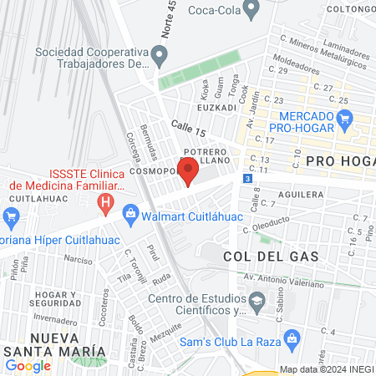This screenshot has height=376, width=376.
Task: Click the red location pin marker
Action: (x=188, y=171)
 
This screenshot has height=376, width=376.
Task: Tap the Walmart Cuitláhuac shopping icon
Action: (x=131, y=216)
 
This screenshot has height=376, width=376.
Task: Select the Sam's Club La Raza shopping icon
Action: (x=291, y=338)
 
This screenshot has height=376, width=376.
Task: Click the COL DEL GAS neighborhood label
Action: (x=271, y=256)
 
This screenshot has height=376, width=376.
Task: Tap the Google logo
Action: (x=28, y=365)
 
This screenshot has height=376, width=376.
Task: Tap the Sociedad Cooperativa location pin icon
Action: (x=161, y=57)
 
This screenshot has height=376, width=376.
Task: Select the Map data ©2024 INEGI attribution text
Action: (x=325, y=369)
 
